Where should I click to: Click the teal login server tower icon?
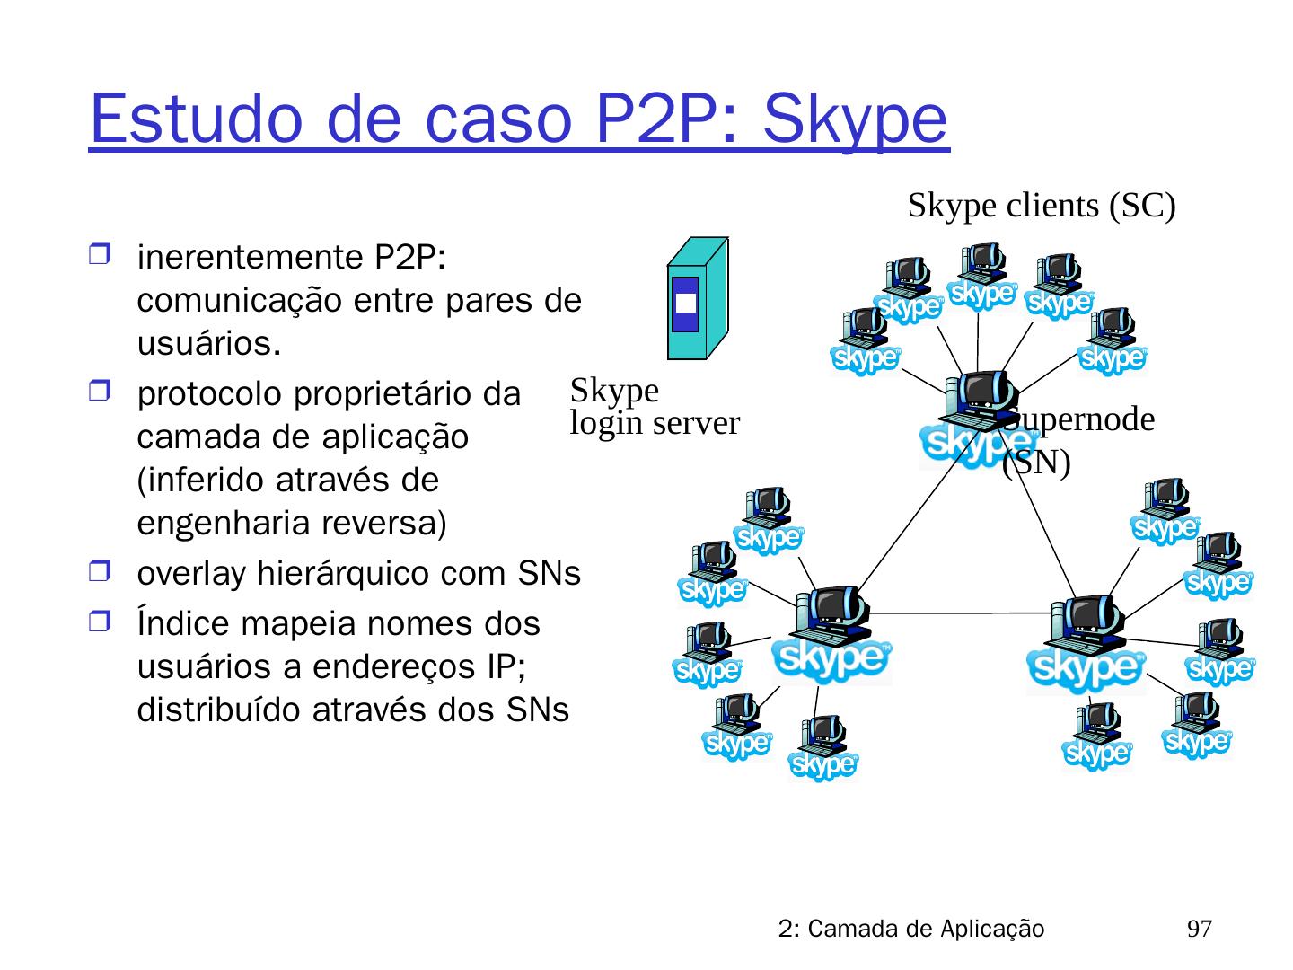click(697, 298)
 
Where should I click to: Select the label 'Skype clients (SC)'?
click(1042, 206)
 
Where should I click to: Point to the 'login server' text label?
click(655, 423)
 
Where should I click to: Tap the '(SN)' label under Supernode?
click(1036, 463)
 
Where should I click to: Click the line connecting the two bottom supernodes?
click(961, 613)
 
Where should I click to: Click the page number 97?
click(1200, 929)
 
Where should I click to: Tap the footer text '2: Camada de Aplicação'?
click(911, 929)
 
